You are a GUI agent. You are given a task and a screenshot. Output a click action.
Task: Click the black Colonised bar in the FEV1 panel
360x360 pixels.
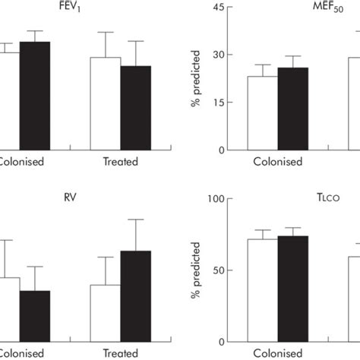(x=35, y=95)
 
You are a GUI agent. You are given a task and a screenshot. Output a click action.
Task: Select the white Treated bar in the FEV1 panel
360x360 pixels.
(x=106, y=103)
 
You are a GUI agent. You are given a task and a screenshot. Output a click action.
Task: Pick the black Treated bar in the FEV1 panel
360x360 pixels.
(x=136, y=107)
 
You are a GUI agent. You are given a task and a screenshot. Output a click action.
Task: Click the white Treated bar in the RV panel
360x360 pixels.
(x=106, y=313)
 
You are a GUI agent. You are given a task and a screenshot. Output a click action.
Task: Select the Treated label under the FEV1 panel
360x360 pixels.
(x=120, y=162)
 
